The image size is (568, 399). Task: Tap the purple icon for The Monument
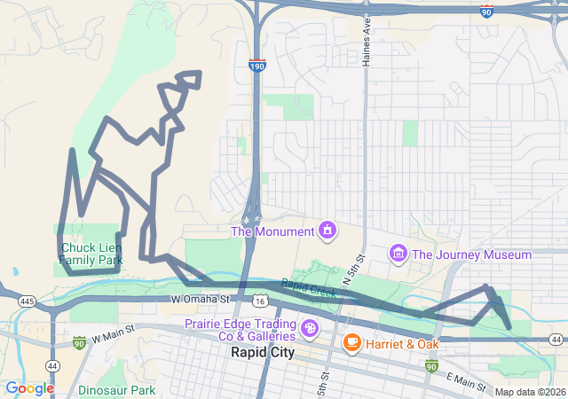coord(327,231)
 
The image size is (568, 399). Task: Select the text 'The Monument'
coord(272,231)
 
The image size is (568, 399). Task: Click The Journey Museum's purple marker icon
coord(398,254)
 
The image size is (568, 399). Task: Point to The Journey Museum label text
coord(471,254)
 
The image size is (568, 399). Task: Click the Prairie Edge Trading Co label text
coord(240,330)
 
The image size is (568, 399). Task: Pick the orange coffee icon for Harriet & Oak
coord(352,342)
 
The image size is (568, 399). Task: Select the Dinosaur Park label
coord(116,390)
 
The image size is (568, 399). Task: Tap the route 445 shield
coord(27,302)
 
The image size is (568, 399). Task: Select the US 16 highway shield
coord(259,301)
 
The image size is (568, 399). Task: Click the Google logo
coord(29,388)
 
